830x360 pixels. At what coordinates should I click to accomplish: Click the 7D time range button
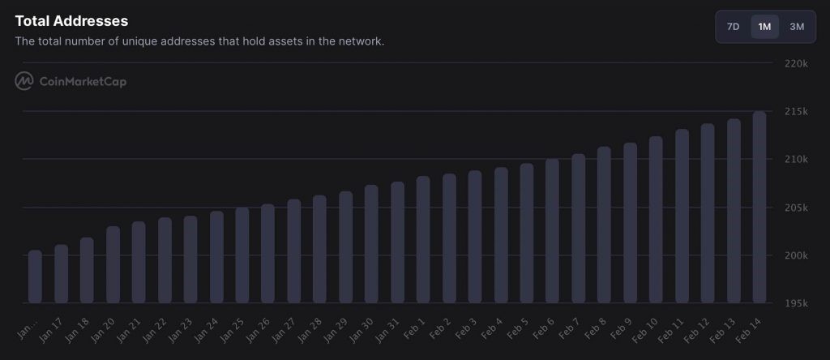click(x=733, y=27)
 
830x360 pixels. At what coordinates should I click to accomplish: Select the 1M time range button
click(x=764, y=27)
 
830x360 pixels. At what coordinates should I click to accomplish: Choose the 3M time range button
click(x=797, y=27)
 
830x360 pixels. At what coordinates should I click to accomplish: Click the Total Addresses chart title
click(x=71, y=21)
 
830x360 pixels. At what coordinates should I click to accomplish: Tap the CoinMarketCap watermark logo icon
click(x=24, y=81)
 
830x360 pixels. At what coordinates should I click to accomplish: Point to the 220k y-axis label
click(x=796, y=64)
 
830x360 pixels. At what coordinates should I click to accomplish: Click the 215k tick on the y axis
click(x=796, y=111)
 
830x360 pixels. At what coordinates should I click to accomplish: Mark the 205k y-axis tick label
click(x=796, y=208)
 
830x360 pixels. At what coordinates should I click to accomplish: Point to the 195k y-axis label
click(x=796, y=304)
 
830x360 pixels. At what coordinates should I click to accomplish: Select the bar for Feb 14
click(x=759, y=208)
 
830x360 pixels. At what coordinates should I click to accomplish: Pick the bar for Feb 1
click(x=423, y=240)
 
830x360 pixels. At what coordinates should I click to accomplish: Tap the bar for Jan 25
click(x=242, y=255)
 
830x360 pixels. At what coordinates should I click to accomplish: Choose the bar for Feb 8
click(x=604, y=225)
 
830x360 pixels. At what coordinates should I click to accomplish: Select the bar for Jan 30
click(x=371, y=244)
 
